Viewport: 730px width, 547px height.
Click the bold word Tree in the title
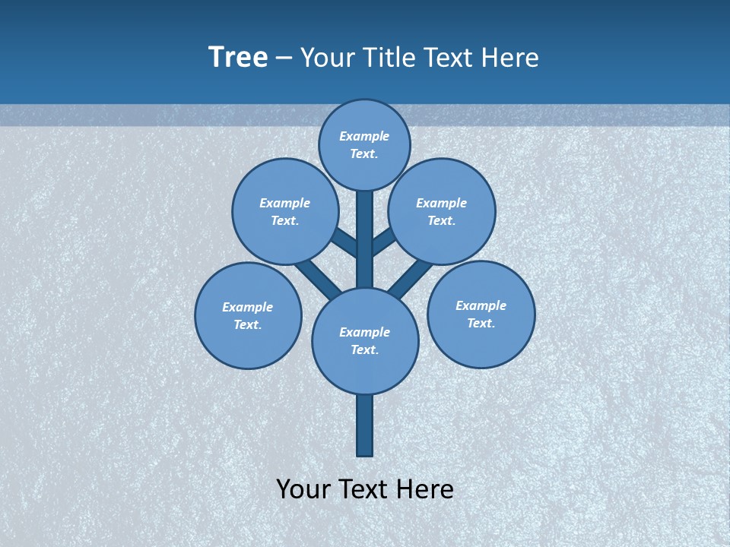click(238, 58)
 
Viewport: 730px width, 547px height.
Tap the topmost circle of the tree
click(364, 144)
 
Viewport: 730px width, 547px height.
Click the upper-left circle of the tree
click(284, 211)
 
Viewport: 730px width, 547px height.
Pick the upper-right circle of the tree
click(442, 211)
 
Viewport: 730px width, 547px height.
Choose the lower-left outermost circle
click(248, 315)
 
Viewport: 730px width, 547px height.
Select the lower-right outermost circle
click(481, 314)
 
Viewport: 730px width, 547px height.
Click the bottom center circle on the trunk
click(365, 341)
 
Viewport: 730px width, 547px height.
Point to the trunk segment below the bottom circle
click(365, 425)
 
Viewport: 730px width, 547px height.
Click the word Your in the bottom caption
click(302, 489)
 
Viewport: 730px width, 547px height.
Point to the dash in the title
click(284, 58)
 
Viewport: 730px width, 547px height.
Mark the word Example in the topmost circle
click(364, 137)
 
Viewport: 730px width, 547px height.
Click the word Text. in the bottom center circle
click(365, 350)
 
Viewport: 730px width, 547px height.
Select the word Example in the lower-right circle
click(481, 305)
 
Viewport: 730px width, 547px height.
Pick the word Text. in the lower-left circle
click(248, 325)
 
